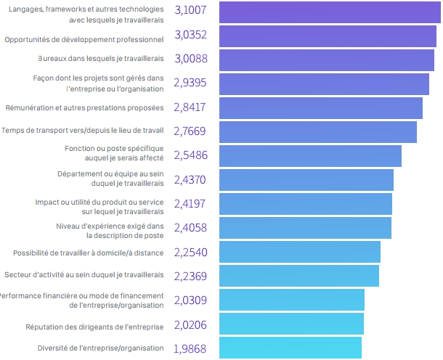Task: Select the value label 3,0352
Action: point(190,36)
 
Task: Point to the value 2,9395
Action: point(190,83)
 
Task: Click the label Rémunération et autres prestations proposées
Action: point(84,107)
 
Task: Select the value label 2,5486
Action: point(190,155)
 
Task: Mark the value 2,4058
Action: point(190,227)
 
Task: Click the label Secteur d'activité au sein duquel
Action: point(84,275)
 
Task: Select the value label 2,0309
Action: point(190,299)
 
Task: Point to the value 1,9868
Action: point(190,349)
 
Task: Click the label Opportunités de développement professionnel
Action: point(84,36)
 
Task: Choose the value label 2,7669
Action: point(190,131)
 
